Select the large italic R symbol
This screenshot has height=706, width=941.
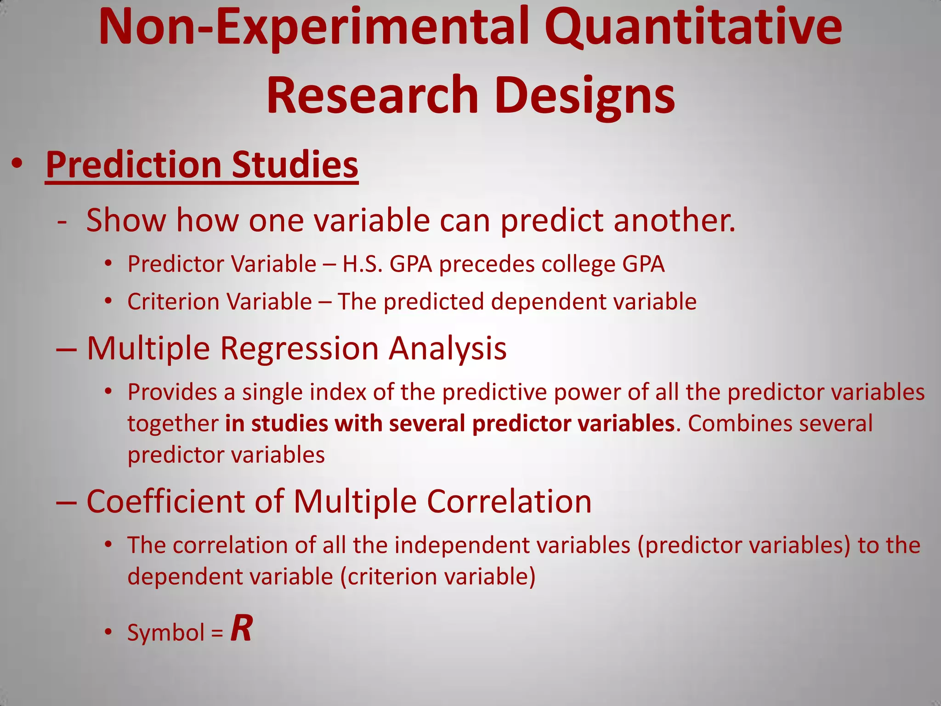pyautogui.click(x=241, y=628)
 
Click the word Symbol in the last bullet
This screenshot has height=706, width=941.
pyautogui.click(x=166, y=632)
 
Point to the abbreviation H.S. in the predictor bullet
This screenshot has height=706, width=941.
pyautogui.click(x=363, y=264)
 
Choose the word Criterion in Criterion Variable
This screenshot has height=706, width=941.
pyautogui.click(x=173, y=302)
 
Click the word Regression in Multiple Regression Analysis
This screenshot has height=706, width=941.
pyautogui.click(x=299, y=348)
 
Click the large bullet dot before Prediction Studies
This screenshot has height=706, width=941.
pyautogui.click(x=17, y=164)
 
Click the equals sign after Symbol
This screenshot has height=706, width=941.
pyautogui.click(x=217, y=633)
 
